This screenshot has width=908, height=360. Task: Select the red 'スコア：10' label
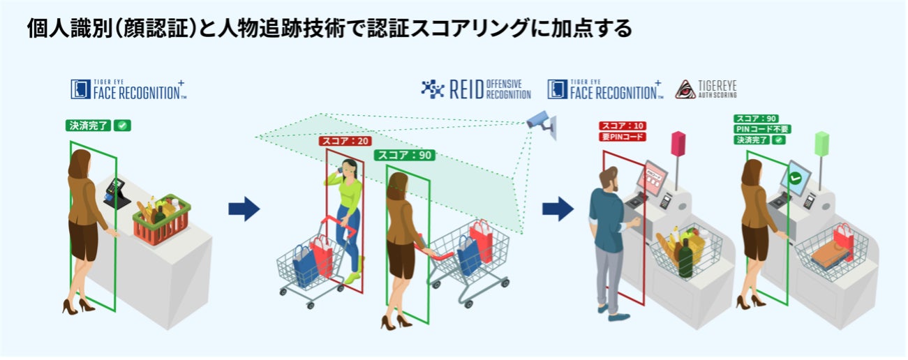tap(622, 126)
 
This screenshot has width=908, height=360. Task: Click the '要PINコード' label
tap(622, 137)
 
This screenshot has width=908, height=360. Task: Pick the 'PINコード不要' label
tap(761, 129)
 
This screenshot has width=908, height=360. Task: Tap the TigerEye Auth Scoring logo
tap(706, 89)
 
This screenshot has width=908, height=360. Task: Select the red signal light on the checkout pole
tap(676, 143)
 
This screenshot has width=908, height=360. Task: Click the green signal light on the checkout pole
tap(822, 144)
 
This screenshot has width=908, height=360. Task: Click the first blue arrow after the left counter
tap(244, 209)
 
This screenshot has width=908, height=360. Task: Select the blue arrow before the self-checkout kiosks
tap(558, 207)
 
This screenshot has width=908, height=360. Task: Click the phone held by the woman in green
tap(342, 170)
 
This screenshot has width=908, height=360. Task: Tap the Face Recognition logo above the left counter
tap(128, 89)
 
